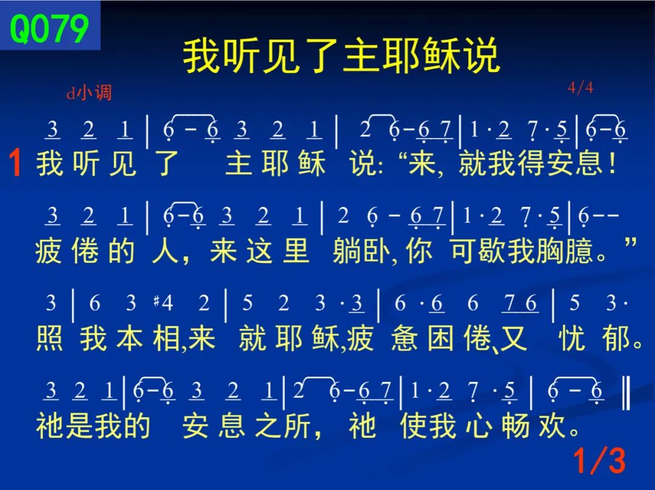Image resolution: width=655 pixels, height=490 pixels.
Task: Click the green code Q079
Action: tap(49, 28)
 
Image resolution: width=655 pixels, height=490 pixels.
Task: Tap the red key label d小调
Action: tap(89, 92)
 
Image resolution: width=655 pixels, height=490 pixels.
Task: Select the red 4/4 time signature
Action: tap(580, 88)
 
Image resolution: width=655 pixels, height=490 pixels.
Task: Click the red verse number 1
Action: tap(15, 163)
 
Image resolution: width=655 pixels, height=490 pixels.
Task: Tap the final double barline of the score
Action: tap(626, 392)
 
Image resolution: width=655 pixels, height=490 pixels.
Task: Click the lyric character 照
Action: tap(50, 338)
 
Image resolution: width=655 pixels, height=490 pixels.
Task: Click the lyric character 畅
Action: tap(516, 426)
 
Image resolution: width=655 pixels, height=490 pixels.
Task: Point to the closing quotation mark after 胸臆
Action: tap(631, 242)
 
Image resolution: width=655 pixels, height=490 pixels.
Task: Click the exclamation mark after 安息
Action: tap(613, 163)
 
